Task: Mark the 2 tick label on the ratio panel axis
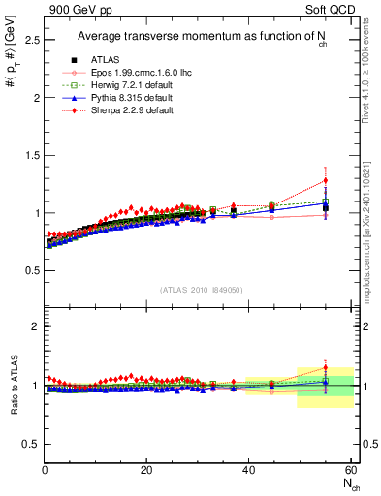(34, 327)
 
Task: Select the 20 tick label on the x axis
(146, 471)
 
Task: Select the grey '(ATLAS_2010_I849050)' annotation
(200, 290)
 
